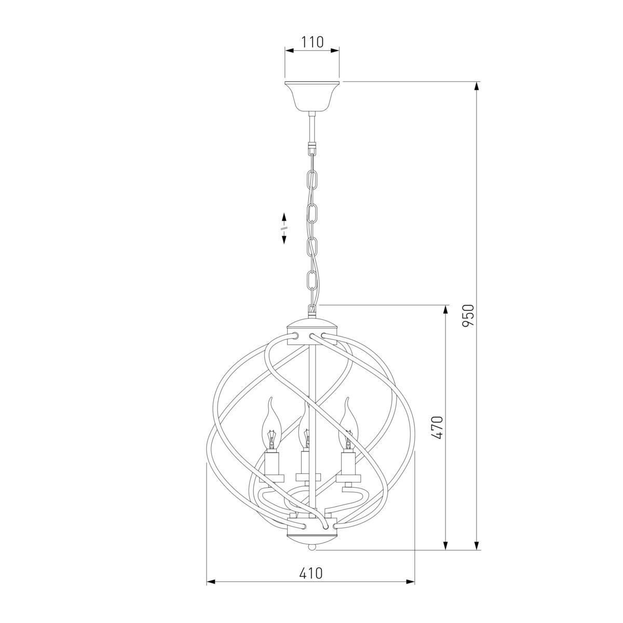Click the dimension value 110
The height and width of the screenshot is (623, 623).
(313, 43)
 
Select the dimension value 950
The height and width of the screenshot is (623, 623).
(468, 315)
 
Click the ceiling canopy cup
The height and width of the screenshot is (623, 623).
(312, 96)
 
